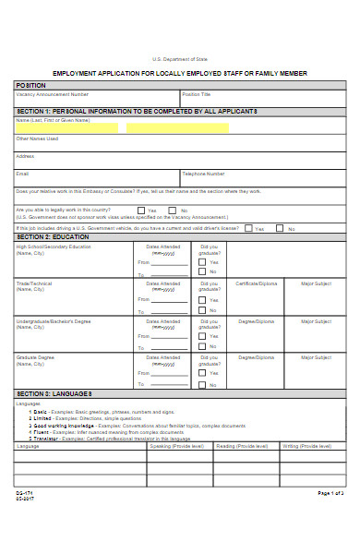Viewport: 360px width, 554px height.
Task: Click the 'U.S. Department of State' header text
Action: [180, 57]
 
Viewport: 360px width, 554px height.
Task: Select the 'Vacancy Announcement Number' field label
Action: [53, 94]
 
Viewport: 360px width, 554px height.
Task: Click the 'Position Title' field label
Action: [197, 94]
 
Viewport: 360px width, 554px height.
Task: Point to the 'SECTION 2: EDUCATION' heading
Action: [53, 237]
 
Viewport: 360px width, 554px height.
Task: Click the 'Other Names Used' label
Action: [37, 138]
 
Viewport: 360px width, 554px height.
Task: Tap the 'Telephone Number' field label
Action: [203, 174]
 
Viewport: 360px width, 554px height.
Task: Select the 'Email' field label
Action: [23, 174]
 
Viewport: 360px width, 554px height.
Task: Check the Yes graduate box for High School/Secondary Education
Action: [203, 261]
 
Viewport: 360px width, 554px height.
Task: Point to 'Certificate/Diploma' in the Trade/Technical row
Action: [256, 283]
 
